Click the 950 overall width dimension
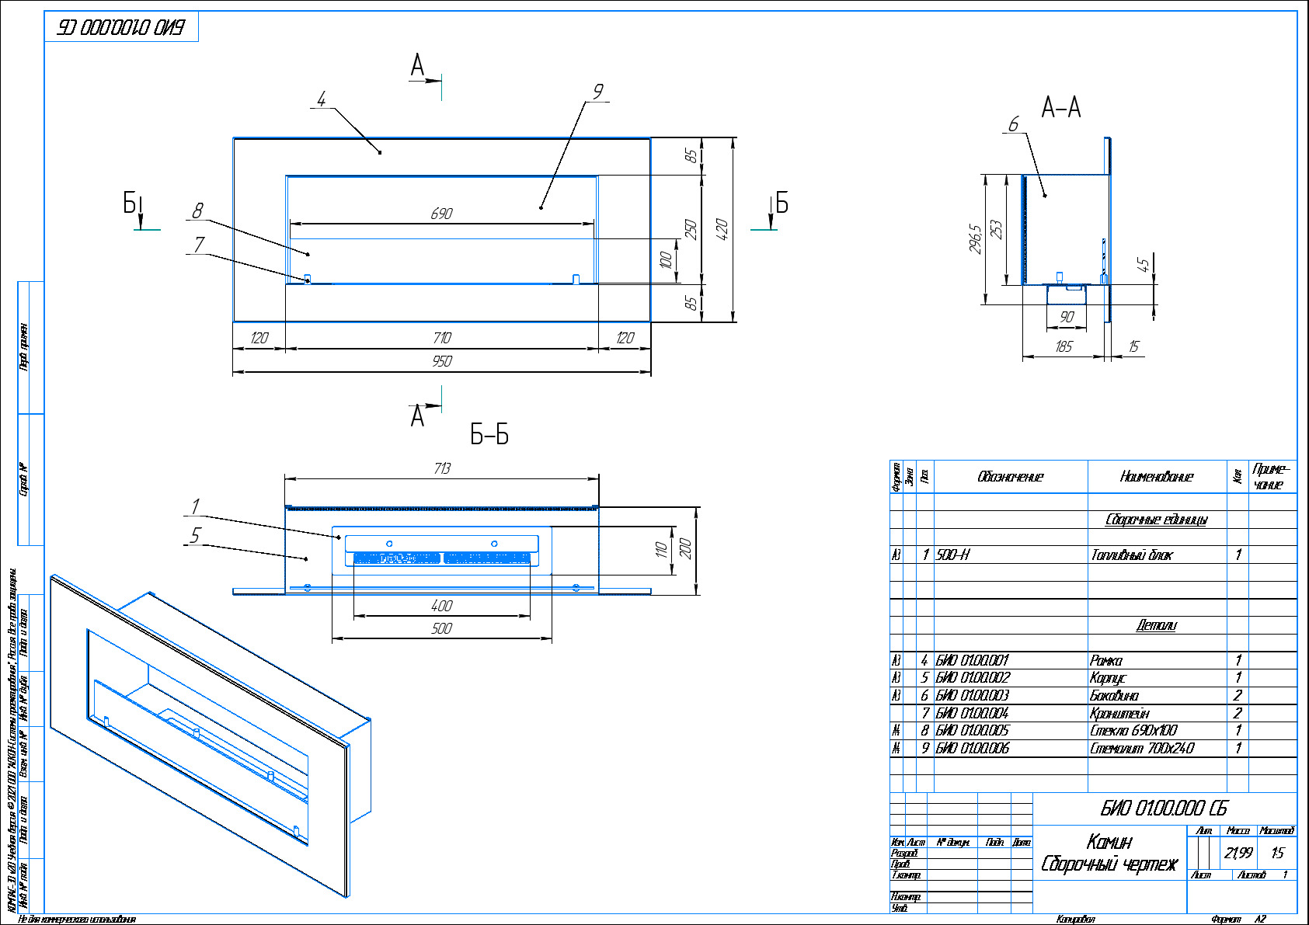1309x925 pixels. coord(441,361)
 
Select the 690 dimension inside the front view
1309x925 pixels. coord(441,214)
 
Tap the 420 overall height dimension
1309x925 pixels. coord(722,229)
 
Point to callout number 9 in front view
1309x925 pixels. coord(597,92)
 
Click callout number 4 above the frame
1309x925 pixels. coord(322,99)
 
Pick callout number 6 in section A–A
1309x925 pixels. coord(1013,124)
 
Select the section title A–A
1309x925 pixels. coord(1061,107)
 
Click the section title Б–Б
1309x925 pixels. coord(489,435)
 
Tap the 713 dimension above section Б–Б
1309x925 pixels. coord(441,468)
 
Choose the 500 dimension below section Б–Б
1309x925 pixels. coord(441,628)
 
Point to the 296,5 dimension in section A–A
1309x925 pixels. coord(976,238)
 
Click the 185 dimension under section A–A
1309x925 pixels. coord(1064,346)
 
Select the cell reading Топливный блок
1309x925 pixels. coord(1131,555)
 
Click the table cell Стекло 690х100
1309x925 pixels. coord(1133,730)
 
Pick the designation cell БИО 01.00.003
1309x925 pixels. coord(973,695)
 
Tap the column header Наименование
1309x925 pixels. coord(1156,477)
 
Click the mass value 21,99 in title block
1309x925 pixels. coord(1238,853)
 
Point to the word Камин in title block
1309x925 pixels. coord(1109,841)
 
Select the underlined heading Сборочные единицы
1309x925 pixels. coord(1156,520)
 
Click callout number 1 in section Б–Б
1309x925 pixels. coord(195,506)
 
